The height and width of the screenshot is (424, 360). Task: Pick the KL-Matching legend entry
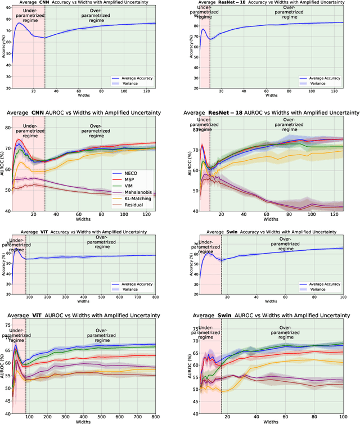(133, 199)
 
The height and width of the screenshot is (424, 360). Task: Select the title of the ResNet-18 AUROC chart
(272, 113)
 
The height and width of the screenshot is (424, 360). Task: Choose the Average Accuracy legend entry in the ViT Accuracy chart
(134, 283)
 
